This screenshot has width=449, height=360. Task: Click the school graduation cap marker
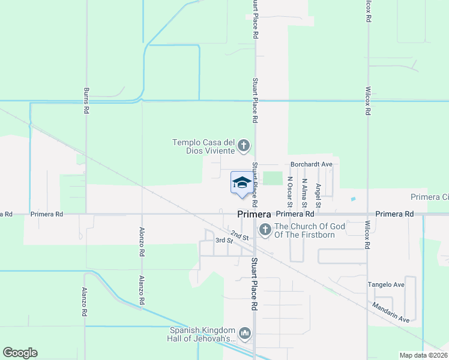241,183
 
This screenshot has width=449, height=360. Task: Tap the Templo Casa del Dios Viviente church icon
244,145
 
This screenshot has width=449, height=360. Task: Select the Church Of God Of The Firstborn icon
264,230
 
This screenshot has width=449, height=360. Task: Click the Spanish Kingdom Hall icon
244,333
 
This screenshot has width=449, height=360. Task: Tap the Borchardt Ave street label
311,163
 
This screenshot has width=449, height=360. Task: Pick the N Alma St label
304,190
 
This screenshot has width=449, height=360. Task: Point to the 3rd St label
224,241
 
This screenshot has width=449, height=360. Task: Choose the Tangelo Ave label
387,284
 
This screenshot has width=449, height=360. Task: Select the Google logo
20,353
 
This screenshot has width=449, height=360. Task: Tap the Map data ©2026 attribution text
424,355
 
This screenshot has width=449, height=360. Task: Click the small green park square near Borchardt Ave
273,178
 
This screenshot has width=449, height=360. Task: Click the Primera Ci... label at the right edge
429,197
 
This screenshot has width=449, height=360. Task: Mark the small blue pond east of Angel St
353,199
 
